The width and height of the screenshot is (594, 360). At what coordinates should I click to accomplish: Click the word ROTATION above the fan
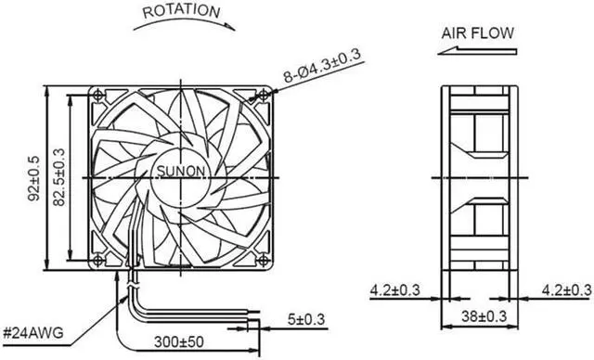(181, 11)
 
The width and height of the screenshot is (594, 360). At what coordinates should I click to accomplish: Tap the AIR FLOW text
(478, 33)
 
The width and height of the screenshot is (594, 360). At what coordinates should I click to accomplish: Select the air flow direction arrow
(477, 51)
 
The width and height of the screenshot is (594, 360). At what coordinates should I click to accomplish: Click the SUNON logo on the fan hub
(181, 172)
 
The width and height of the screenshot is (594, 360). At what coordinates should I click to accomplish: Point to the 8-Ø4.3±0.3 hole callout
(323, 66)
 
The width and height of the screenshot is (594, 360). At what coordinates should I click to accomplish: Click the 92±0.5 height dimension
(34, 178)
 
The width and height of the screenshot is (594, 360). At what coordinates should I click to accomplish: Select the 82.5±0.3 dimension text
(59, 177)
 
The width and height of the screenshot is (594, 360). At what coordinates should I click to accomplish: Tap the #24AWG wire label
(33, 333)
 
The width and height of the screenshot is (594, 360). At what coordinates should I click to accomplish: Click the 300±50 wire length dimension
(179, 342)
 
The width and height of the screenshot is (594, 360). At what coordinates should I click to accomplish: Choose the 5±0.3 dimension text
(306, 319)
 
